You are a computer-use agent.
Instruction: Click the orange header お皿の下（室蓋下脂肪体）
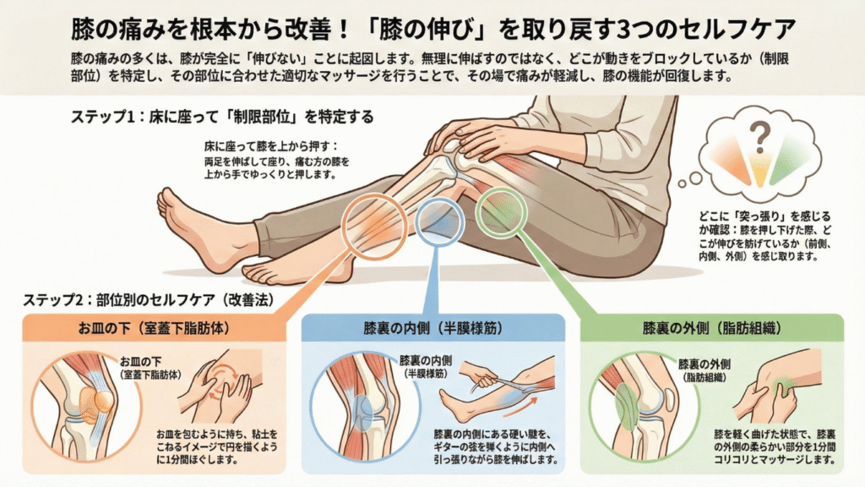[x=154, y=329]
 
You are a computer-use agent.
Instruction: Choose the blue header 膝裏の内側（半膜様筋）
[x=433, y=329]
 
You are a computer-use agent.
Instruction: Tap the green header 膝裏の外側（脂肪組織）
[x=712, y=329]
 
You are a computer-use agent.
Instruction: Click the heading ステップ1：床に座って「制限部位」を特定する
[x=222, y=117]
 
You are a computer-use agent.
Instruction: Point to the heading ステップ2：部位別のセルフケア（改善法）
[x=148, y=300]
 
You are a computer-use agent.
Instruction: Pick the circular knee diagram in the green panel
[x=592, y=408]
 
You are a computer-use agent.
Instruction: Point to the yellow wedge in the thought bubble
[x=760, y=169]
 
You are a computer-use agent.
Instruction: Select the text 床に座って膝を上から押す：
[x=270, y=146]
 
